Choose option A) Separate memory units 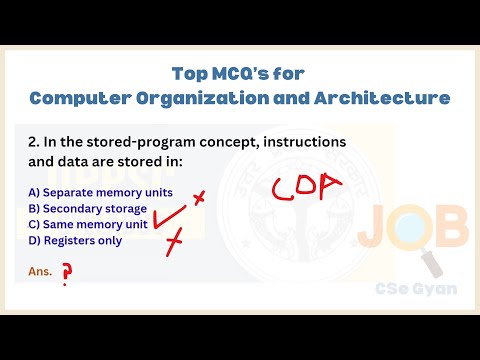(x=100, y=192)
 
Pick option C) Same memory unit (x=88, y=224)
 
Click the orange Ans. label (x=40, y=271)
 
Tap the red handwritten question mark (x=68, y=273)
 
